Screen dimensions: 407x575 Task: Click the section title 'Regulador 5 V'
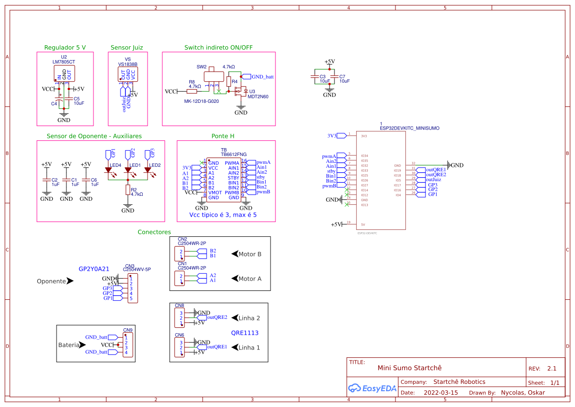(65, 48)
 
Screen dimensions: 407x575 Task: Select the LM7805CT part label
(63, 62)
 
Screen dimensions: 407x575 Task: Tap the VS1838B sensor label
(127, 64)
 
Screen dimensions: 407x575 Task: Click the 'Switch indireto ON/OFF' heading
(218, 48)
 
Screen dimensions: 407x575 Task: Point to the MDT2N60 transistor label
(258, 97)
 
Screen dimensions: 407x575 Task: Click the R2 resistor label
(134, 189)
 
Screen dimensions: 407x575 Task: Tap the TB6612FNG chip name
(234, 154)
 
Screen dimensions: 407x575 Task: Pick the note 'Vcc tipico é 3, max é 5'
(223, 215)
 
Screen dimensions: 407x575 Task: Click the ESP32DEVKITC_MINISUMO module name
(409, 128)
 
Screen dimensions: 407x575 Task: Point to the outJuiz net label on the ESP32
(433, 180)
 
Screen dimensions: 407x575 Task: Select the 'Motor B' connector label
(249, 254)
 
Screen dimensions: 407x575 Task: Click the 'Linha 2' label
(249, 318)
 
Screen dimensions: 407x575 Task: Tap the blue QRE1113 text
(244, 333)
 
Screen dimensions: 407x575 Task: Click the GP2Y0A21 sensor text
(94, 269)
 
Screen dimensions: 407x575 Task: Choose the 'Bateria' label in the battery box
(68, 345)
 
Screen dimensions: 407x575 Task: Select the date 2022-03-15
(440, 393)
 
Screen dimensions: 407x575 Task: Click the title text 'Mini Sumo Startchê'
(409, 368)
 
